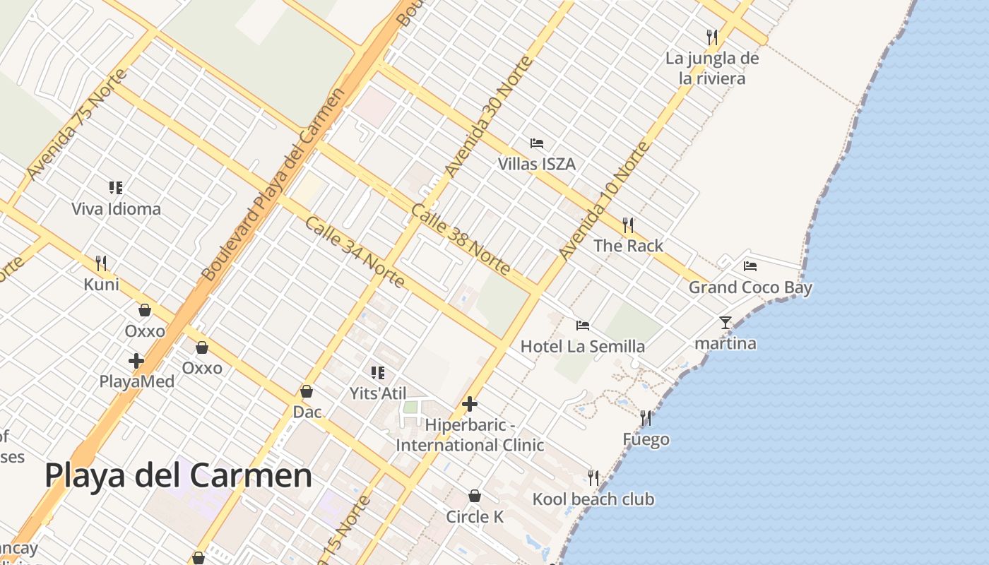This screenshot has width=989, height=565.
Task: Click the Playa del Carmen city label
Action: [x=178, y=475]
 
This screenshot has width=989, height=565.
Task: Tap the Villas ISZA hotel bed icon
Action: [x=537, y=143]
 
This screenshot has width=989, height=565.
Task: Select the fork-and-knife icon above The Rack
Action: [x=627, y=225]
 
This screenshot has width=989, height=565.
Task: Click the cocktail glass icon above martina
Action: [x=726, y=323]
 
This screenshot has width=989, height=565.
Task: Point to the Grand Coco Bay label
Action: [x=750, y=287]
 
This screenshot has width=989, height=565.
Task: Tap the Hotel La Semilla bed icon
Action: [x=583, y=326]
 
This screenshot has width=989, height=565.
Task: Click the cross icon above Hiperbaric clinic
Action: [x=470, y=405]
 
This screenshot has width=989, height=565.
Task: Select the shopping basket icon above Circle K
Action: [x=475, y=496]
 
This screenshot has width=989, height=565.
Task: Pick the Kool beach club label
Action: [x=593, y=499]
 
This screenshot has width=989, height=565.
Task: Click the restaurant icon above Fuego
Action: [x=646, y=419]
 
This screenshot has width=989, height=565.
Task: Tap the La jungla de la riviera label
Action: [x=712, y=69]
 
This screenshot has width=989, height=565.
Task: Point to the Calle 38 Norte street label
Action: [x=461, y=239]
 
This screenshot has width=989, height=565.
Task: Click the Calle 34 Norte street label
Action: [x=355, y=252]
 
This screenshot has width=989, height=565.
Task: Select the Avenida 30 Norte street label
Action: [x=488, y=117]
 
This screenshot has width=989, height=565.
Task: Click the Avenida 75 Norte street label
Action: [x=76, y=124]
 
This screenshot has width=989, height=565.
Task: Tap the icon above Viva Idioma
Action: [x=116, y=188]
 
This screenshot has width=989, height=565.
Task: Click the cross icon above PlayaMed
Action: [x=136, y=361]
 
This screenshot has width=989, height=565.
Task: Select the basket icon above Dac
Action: [x=307, y=391]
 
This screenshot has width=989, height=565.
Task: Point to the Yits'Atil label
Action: [x=378, y=393]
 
